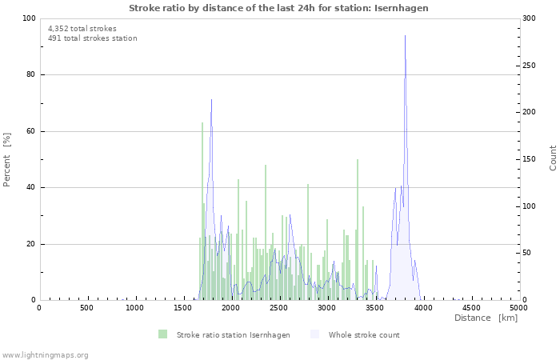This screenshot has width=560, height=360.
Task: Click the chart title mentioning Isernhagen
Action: pos(278,8)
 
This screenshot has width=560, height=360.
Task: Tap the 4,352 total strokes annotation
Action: pos(82,29)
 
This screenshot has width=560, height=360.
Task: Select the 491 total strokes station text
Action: pos(92,38)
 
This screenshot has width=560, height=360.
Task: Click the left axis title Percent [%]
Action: pos(7,159)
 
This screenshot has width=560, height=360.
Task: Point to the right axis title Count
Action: pos(553,158)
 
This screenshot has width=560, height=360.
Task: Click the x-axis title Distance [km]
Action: pos(486,318)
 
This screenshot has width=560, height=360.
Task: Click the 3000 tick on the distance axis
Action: pos(327,308)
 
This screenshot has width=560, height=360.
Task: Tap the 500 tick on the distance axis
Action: pos(87,308)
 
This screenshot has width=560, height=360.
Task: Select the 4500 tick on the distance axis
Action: pos(471,308)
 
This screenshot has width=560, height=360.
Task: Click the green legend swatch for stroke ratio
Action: pos(163,334)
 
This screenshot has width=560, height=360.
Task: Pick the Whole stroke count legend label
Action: pos(364,334)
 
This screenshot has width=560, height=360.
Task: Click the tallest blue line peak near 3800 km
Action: pos(405,36)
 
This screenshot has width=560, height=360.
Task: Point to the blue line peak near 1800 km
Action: pos(211,100)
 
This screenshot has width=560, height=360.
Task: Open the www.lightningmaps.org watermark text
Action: pos(45,354)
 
